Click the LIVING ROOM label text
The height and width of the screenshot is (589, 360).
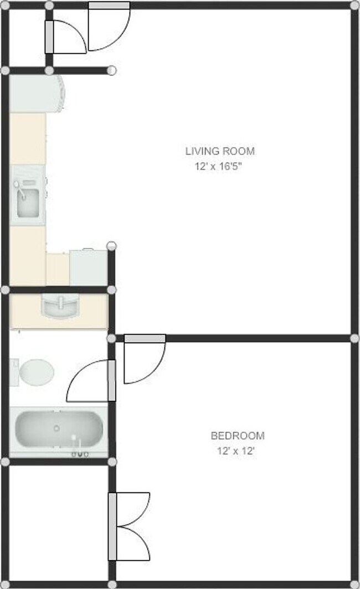(x=220, y=151)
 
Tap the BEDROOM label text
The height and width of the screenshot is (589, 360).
(x=237, y=436)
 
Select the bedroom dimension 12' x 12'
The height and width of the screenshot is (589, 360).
(x=236, y=451)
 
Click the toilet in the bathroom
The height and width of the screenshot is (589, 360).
(x=34, y=371)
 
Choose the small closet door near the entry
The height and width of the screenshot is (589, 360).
(x=67, y=37)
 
